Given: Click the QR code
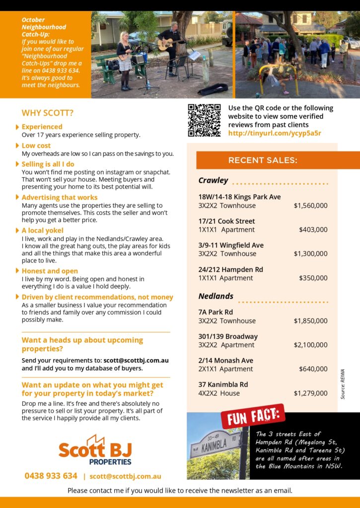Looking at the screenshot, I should coord(204,120).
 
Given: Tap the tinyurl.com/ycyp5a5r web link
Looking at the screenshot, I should coord(275,133).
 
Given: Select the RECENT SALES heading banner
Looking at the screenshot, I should coord(263,160).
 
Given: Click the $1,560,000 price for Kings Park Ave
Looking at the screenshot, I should coord(310,205).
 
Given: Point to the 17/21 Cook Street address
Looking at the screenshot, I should coord(226,221).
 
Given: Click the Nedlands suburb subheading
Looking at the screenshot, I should coord(216,296).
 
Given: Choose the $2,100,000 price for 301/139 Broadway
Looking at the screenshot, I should coord(310,345).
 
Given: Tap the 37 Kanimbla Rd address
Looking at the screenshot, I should coord(223,384).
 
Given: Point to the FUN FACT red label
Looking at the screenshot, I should coord(253,416).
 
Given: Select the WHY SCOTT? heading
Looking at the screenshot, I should coord(48,113).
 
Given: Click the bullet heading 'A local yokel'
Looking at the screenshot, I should coord(42,230).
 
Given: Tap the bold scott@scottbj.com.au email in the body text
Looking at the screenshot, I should coord(136,360).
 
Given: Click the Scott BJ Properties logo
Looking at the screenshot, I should coord(94,450).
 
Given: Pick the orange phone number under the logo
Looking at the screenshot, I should coord(51,476).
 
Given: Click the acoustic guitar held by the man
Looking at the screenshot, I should coord(169,45).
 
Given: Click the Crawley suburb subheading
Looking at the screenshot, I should coord(213,181).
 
